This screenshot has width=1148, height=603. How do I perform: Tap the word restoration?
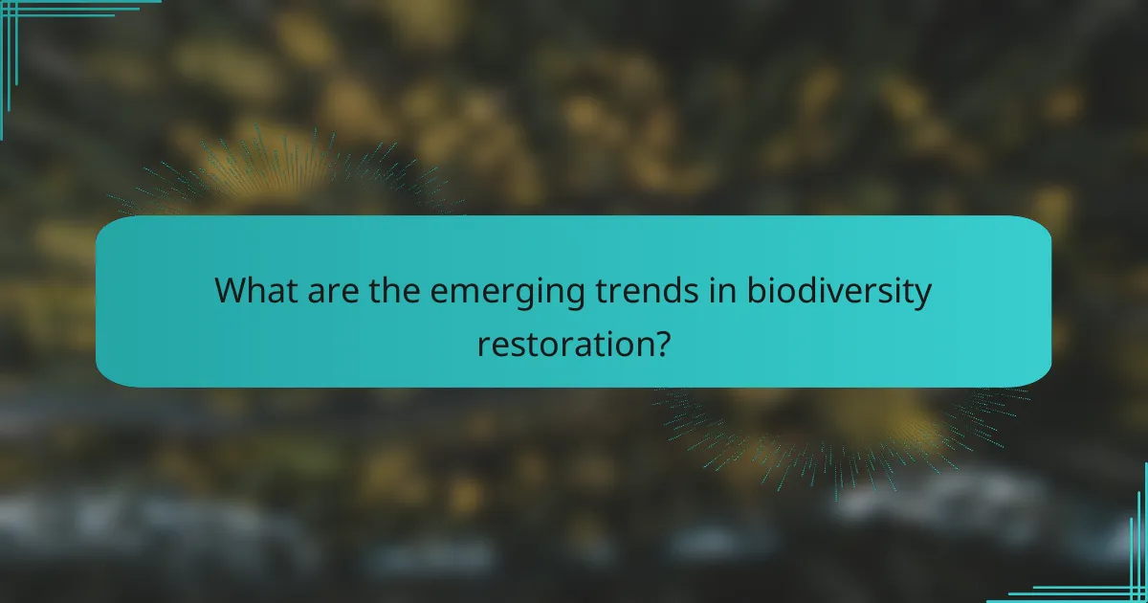click(562, 342)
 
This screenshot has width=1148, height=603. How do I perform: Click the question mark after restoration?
click(658, 342)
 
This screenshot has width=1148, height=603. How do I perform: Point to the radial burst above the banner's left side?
click(277, 172)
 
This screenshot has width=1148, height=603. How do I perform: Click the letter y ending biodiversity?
click(922, 295)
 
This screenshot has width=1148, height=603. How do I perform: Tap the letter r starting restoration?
click(482, 344)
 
